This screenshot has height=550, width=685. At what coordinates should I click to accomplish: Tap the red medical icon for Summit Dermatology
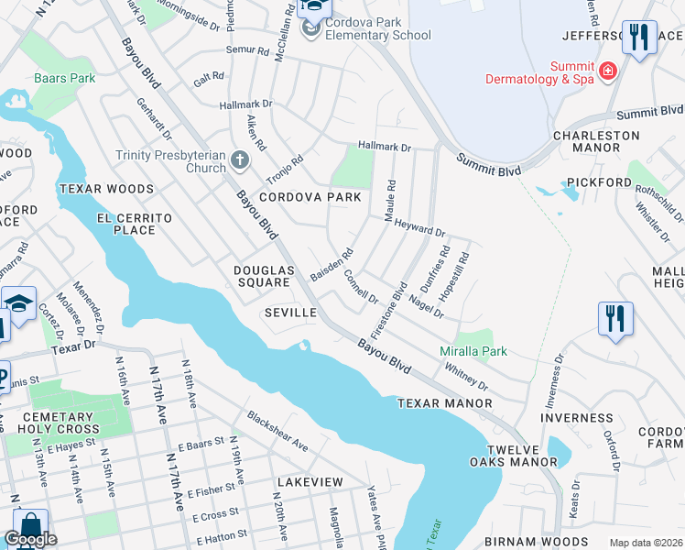click(606, 71)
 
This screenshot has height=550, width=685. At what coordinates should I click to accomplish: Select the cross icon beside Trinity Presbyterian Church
click(240, 161)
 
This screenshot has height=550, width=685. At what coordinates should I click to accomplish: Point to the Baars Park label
click(65, 79)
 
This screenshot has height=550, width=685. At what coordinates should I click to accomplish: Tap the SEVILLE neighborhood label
click(290, 313)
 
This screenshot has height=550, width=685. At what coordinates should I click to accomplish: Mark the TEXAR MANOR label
click(444, 403)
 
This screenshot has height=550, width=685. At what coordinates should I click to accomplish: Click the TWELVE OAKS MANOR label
click(508, 455)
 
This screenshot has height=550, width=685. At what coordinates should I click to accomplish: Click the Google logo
click(30, 539)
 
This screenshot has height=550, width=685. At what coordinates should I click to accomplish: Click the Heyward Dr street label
click(419, 229)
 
